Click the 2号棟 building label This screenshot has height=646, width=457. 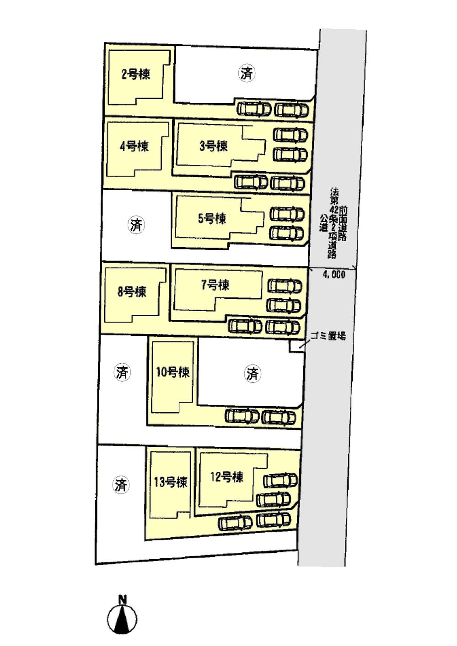click(x=135, y=74)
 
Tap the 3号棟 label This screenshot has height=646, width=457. click(x=214, y=146)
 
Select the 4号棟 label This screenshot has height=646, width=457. click(x=134, y=146)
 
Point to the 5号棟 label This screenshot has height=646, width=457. click(x=212, y=218)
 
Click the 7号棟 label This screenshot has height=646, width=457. click(x=215, y=285)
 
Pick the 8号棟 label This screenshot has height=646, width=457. click(x=132, y=291)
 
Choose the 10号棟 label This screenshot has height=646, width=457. click(x=172, y=372)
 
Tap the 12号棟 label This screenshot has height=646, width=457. click(x=226, y=477)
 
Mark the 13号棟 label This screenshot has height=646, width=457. click(x=170, y=482)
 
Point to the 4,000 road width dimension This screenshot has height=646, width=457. click(x=334, y=275)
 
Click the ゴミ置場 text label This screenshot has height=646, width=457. click(x=328, y=336)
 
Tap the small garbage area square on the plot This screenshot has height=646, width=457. click(x=295, y=347)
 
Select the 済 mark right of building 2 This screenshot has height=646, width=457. click(x=247, y=73)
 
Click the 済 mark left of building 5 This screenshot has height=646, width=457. click(x=136, y=225)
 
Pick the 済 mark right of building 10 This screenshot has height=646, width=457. click(x=253, y=374)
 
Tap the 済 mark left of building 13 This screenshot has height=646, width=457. click(x=121, y=485)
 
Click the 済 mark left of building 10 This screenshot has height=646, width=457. click(x=122, y=373)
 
